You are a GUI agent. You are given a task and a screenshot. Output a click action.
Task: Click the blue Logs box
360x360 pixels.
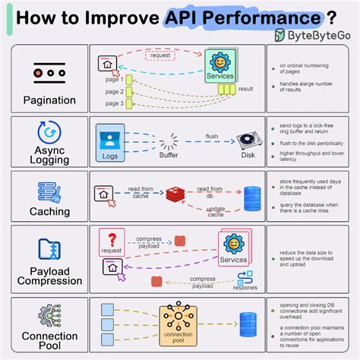[109, 144]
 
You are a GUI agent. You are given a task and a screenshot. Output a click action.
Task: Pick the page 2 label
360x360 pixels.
[114, 91]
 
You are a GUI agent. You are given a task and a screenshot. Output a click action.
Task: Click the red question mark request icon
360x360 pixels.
[112, 239]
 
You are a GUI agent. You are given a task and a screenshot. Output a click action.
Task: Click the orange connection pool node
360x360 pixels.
[178, 320]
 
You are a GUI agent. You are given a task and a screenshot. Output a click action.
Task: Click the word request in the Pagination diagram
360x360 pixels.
[160, 56]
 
